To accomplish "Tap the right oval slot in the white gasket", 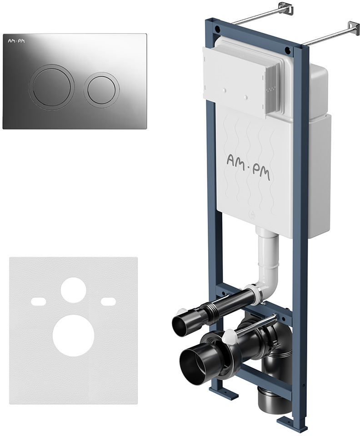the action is coord(109,301).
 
